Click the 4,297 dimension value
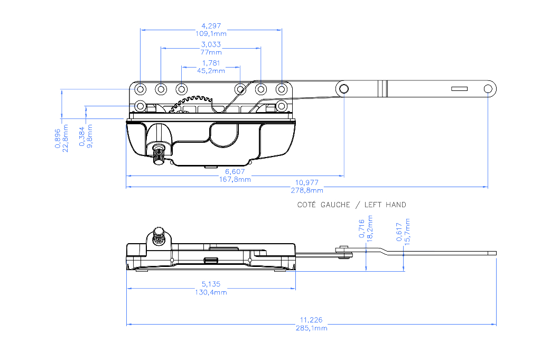pyautogui.click(x=211, y=26)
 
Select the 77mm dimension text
pyautogui.click(x=211, y=52)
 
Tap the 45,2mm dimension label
pyautogui.click(x=211, y=71)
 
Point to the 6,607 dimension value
pyautogui.click(x=235, y=172)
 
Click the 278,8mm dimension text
pyautogui.click(x=307, y=190)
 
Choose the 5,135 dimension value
pyautogui.click(x=211, y=284)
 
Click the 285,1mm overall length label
pyautogui.click(x=311, y=328)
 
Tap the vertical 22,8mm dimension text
pyautogui.click(x=65, y=139)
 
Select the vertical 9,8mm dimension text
pyautogui.click(x=90, y=136)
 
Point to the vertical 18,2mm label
pyautogui.click(x=370, y=228)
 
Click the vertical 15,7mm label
pyautogui.click(x=407, y=232)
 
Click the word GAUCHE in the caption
pyautogui.click(x=335, y=205)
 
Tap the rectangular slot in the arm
pyautogui.click(x=459, y=89)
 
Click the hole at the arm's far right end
pyautogui.click(x=488, y=89)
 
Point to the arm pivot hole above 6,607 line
pyautogui.click(x=343, y=89)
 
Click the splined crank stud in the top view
pyautogui.click(x=158, y=154)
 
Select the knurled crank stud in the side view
pyautogui.click(x=158, y=236)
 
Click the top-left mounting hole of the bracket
pyautogui.click(x=141, y=89)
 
